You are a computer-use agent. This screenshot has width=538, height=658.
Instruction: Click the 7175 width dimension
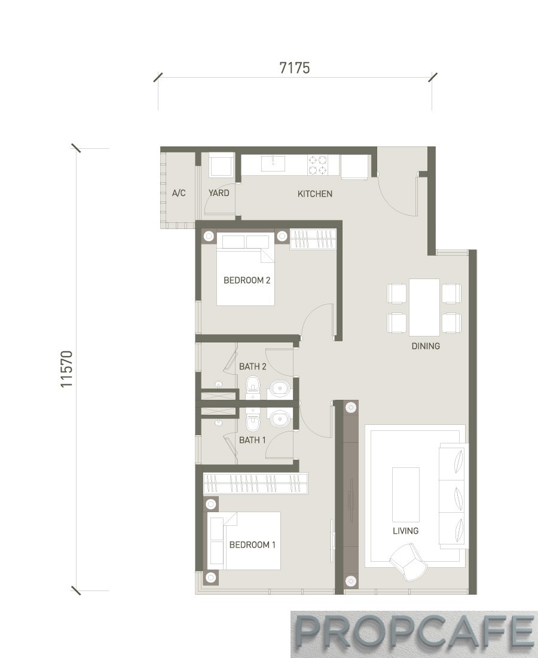(295, 68)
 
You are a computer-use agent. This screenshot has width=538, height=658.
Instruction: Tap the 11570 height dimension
(67, 369)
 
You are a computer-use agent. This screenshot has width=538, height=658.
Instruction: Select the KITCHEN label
(315, 194)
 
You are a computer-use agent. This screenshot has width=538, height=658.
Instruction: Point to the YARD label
(219, 193)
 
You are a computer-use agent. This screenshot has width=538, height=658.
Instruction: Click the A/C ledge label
(179, 193)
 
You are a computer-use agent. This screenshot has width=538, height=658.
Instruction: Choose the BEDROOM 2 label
(247, 280)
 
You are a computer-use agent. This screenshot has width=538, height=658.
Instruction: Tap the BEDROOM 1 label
(252, 544)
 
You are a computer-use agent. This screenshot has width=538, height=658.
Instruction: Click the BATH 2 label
(253, 366)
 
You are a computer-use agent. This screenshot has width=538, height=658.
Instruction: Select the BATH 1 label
(252, 440)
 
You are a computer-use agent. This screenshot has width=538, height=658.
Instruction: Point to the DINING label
(426, 346)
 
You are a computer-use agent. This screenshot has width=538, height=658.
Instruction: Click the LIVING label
(405, 531)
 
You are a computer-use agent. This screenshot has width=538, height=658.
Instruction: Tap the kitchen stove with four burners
(317, 164)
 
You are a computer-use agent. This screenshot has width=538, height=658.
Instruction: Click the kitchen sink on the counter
(273, 163)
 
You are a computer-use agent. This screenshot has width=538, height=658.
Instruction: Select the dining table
(424, 307)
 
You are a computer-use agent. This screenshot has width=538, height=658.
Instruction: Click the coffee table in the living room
(406, 495)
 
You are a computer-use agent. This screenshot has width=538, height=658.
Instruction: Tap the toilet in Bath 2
(253, 387)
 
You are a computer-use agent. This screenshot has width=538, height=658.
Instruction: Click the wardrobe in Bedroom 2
(313, 239)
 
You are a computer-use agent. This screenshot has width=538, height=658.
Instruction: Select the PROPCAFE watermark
(414, 633)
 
